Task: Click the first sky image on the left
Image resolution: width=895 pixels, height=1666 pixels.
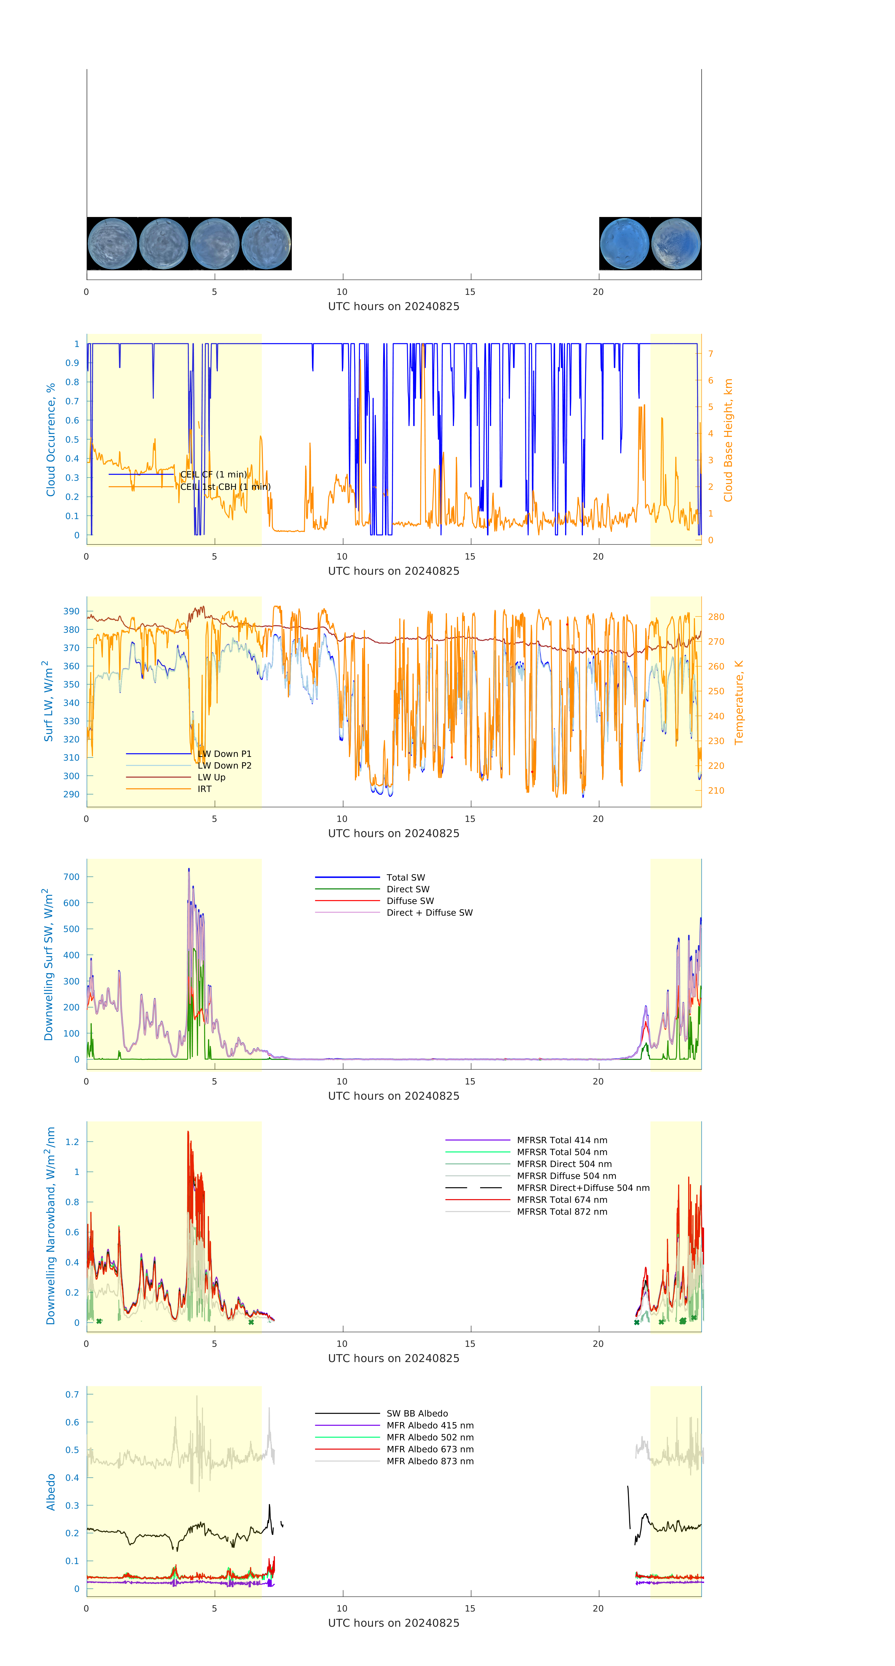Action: click(x=112, y=244)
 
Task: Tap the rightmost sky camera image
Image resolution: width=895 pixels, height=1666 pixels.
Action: click(x=676, y=244)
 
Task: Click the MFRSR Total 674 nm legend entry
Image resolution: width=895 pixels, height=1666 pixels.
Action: click(x=562, y=1200)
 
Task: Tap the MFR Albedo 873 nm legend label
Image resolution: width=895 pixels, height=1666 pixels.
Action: click(x=430, y=1461)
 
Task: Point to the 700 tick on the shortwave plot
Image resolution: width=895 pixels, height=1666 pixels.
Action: click(x=72, y=877)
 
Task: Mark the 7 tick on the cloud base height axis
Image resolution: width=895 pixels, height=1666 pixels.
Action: click(x=711, y=354)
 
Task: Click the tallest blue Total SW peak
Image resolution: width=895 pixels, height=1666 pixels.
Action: click(x=189, y=869)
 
